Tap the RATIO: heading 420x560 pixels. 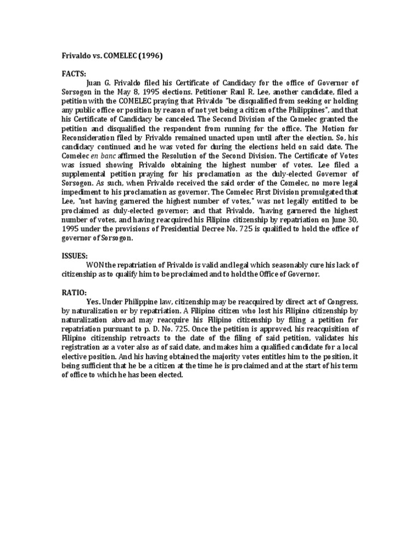click(74, 293)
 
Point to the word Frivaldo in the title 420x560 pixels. click(77, 55)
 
